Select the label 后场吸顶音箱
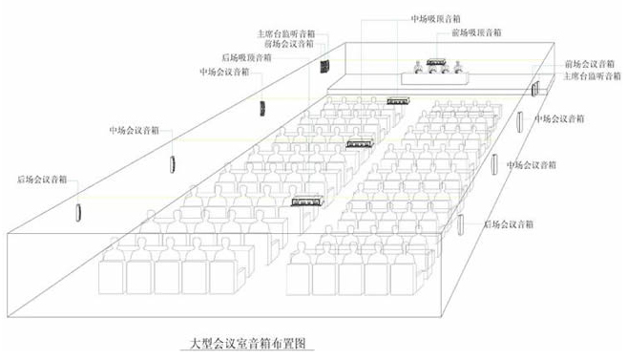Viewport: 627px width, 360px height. click(x=245, y=57)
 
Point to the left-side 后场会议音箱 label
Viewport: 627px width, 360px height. click(x=42, y=179)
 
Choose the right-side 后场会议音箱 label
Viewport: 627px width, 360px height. click(x=509, y=223)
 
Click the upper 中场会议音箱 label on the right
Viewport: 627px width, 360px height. click(x=560, y=118)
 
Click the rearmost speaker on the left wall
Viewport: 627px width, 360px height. click(x=78, y=207)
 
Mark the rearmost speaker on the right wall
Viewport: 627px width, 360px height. click(x=461, y=226)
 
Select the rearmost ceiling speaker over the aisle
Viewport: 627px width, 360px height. click(x=307, y=201)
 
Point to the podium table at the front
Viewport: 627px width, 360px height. click(x=441, y=76)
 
